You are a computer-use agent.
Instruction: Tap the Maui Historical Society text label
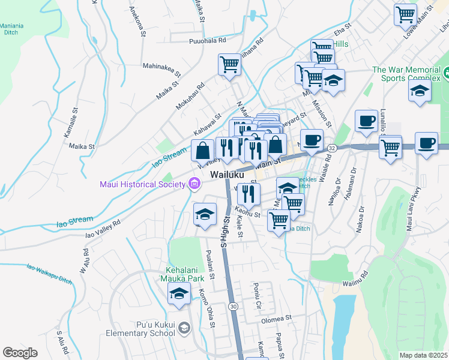pos(142,184)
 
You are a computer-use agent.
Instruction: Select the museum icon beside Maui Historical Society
pos(194,184)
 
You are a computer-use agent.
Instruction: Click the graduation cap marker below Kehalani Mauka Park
pos(179,295)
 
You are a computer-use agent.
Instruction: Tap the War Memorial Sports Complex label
pos(406,74)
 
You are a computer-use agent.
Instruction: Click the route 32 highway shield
pos(332,147)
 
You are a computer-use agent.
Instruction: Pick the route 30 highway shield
pos(232,306)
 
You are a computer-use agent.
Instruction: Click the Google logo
pos(20,353)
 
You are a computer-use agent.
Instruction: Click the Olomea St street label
pos(276,319)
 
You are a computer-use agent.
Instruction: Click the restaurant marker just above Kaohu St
pos(248,194)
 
